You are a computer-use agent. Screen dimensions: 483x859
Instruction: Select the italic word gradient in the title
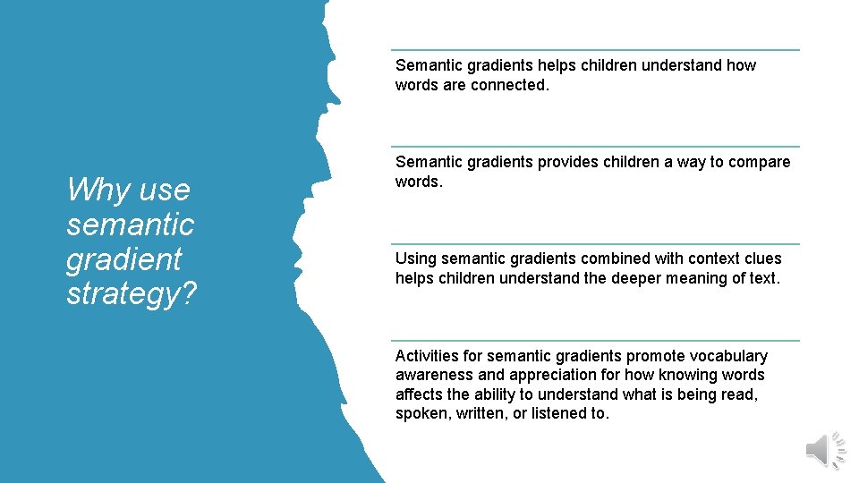(x=123, y=259)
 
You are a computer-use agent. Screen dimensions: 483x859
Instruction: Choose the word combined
(x=617, y=258)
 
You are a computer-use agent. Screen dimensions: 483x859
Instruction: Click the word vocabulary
(x=727, y=356)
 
